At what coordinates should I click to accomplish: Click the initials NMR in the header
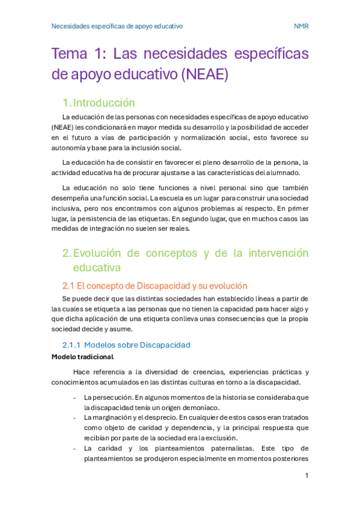[x=301, y=26]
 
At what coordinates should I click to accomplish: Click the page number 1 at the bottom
[x=307, y=476]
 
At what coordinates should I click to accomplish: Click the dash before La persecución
[x=74, y=398]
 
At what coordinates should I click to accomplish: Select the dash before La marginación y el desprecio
[x=74, y=417]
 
